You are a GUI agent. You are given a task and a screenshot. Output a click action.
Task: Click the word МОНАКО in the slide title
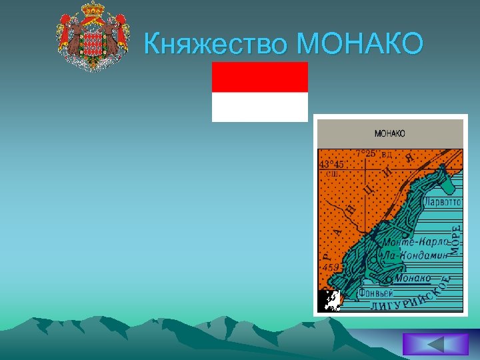(360, 44)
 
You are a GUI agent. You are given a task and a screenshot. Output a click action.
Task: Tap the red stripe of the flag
(260, 77)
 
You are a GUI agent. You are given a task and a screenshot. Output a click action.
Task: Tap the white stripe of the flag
(260, 107)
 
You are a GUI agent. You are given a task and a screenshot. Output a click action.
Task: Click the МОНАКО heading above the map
(390, 133)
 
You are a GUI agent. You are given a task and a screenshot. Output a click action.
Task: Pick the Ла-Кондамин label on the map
(413, 254)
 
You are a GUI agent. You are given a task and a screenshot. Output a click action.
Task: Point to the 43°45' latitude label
(331, 165)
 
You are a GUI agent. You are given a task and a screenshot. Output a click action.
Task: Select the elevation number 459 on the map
(331, 267)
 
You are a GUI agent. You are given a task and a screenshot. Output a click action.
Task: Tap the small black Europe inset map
(329, 301)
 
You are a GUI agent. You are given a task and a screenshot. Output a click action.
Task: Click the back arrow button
(436, 344)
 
